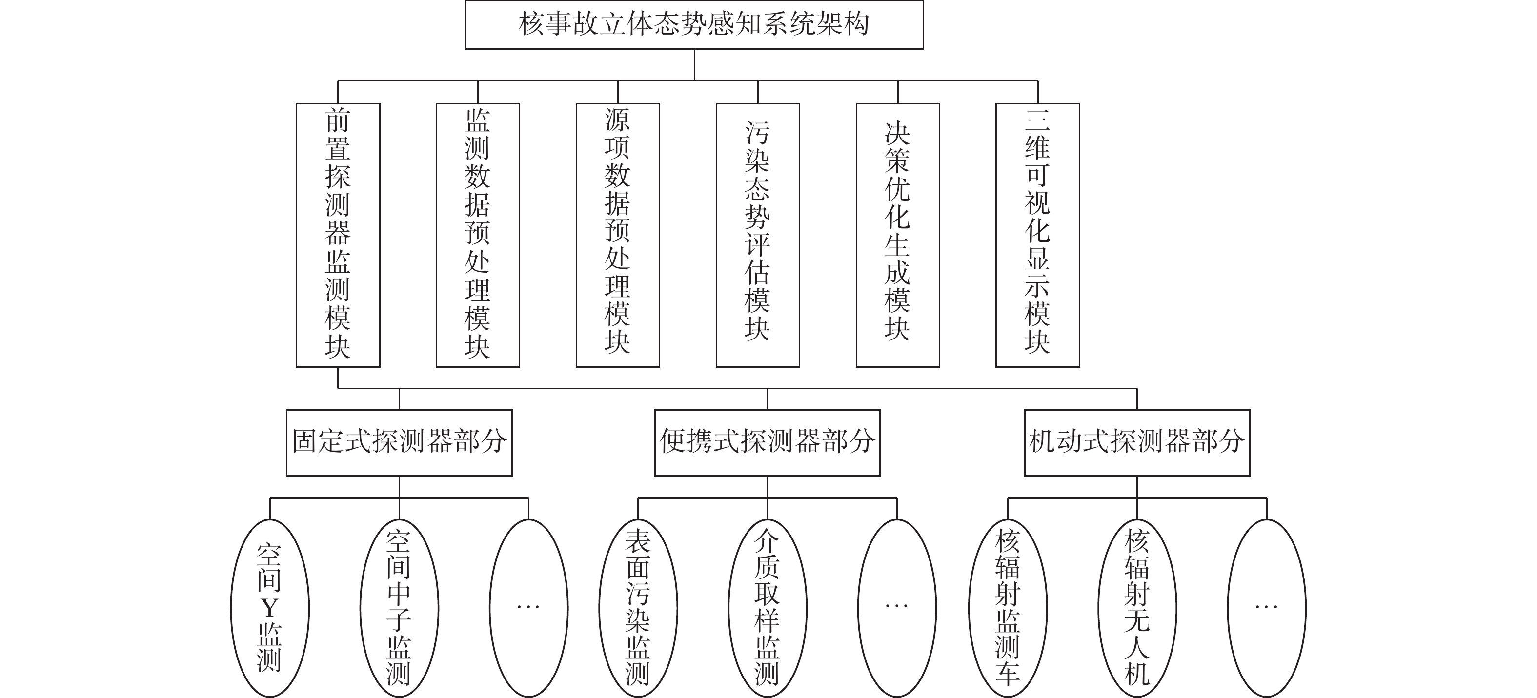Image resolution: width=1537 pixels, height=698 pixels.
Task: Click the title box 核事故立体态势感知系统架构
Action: pos(694,25)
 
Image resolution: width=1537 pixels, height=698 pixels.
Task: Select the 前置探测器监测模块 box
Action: pos(338,235)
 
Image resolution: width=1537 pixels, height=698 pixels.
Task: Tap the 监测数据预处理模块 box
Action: pos(477,235)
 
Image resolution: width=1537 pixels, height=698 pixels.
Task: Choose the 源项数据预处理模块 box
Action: pos(618,235)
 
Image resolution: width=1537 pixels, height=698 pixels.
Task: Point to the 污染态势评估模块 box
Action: pos(758,235)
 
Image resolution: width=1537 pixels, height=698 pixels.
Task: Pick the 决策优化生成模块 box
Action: pos(897,235)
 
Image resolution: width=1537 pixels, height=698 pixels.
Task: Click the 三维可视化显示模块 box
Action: pos(1037,235)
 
